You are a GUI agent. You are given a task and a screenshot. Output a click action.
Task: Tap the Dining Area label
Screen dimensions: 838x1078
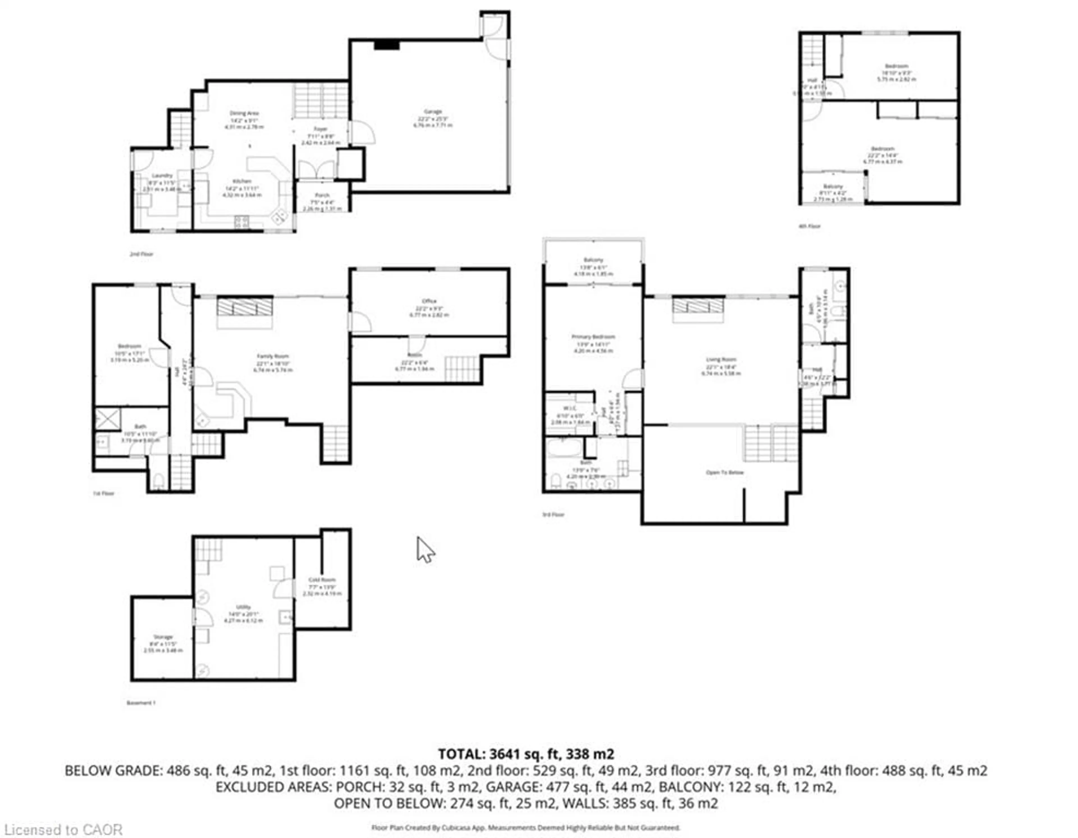click(244, 113)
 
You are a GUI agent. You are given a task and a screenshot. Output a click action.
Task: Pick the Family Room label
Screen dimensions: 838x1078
click(273, 356)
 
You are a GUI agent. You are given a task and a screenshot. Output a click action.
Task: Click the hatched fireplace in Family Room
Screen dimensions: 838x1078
click(244, 307)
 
